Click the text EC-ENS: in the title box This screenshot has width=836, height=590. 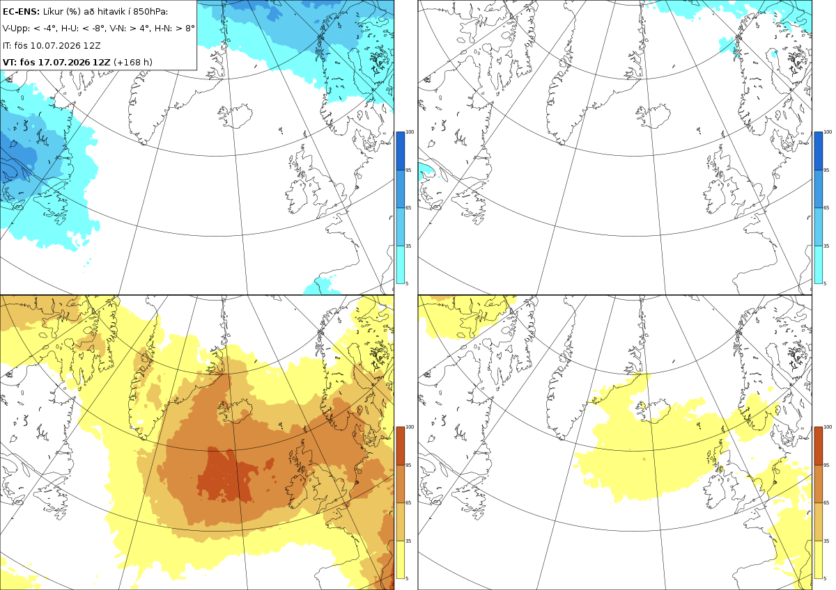pos(21,12)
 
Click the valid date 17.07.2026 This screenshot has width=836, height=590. pos(64,62)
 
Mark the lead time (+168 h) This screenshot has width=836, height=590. pos(133,62)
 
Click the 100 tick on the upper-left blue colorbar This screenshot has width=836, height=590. pos(410,132)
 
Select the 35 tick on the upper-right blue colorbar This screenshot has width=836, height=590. pos(826,246)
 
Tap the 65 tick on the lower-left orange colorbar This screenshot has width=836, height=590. pos(408,503)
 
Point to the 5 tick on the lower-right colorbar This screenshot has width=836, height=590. pos(825,578)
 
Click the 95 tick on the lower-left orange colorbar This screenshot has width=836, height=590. pos(408,465)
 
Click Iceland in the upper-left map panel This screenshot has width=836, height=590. pos(236,116)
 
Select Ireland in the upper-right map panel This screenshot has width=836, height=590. pos(717,198)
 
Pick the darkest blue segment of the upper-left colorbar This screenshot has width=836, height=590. pos(400,151)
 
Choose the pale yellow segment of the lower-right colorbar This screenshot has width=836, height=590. pos(818,559)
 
